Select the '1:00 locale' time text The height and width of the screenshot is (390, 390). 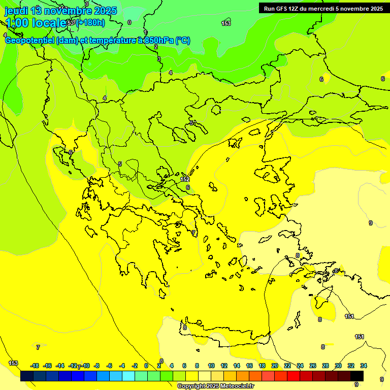36,23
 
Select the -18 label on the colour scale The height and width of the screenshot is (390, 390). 35,366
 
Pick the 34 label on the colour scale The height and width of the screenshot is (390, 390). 364,366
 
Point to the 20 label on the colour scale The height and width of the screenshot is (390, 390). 275,366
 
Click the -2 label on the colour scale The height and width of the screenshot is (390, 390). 134,366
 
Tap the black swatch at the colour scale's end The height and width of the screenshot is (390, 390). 357,376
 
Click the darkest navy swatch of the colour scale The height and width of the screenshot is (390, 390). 27,376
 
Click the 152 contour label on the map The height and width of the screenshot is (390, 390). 185,179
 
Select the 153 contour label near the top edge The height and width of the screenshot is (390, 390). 226,23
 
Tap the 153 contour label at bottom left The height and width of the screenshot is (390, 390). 13,363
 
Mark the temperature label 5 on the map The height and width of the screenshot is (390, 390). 120,164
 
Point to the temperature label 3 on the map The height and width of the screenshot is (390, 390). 158,59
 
